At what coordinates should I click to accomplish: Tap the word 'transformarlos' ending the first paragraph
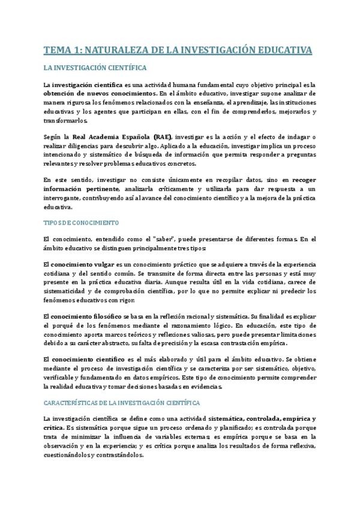tap(65, 120)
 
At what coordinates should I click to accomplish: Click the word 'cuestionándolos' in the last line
tap(67, 454)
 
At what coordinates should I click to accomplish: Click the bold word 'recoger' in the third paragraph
tap(304, 180)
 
